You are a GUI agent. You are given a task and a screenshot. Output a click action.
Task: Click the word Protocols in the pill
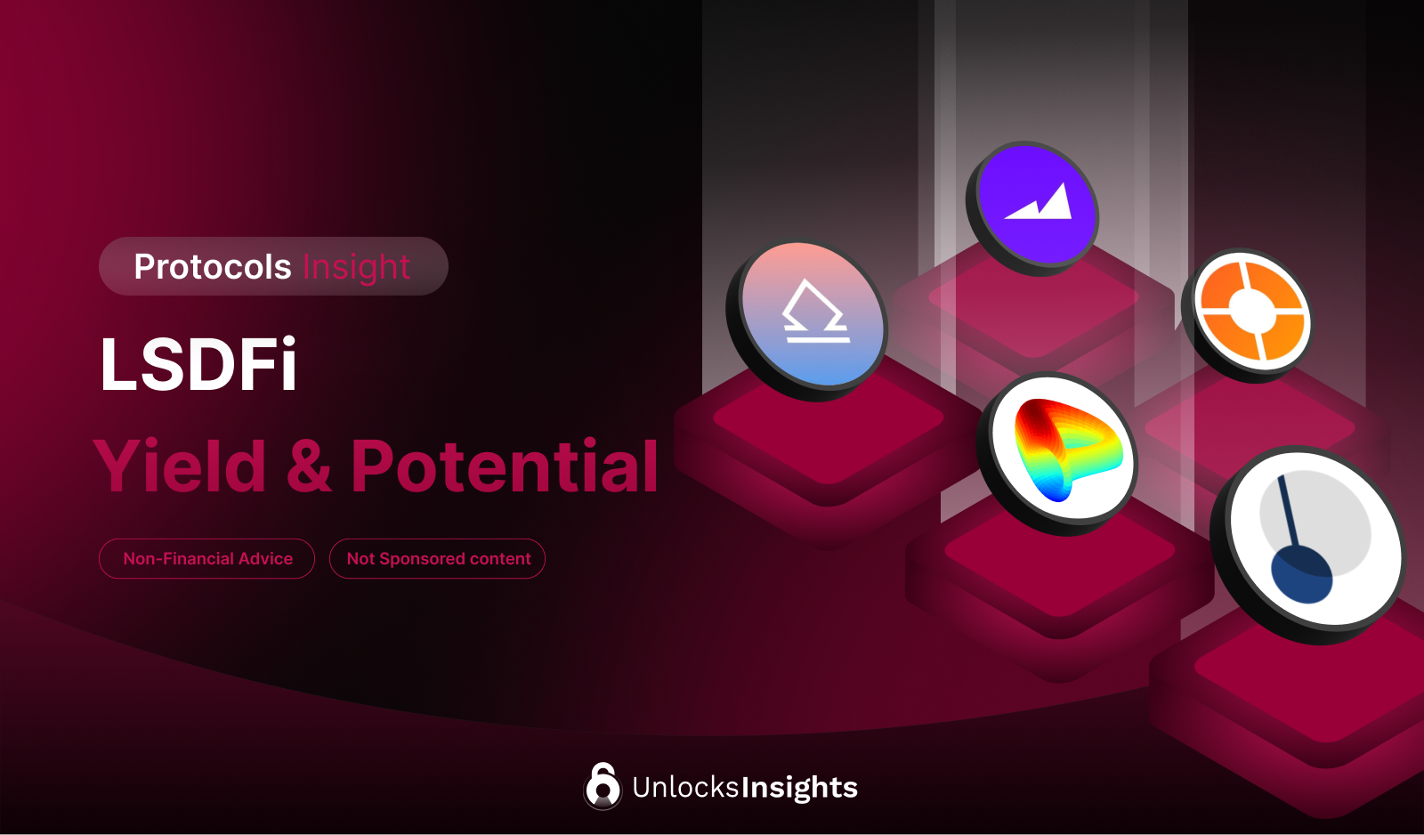point(213,267)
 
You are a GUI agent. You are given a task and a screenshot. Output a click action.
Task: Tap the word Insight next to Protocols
point(356,267)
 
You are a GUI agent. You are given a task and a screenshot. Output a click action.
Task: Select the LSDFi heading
point(198,364)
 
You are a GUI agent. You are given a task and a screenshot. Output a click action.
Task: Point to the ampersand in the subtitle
point(309,466)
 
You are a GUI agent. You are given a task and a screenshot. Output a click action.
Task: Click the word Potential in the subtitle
point(505,466)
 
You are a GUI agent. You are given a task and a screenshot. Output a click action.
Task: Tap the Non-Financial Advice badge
point(207,559)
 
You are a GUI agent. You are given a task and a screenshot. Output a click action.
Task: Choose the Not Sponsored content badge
point(438,559)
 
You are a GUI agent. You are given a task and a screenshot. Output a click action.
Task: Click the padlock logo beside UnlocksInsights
point(603,786)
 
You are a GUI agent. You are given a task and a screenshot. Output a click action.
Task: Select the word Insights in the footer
point(799,788)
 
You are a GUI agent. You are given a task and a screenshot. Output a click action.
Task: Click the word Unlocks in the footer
point(685,787)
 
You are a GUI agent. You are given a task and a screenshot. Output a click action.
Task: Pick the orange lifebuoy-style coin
point(1251,311)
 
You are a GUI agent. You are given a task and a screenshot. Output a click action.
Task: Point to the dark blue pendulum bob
point(1301,574)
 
